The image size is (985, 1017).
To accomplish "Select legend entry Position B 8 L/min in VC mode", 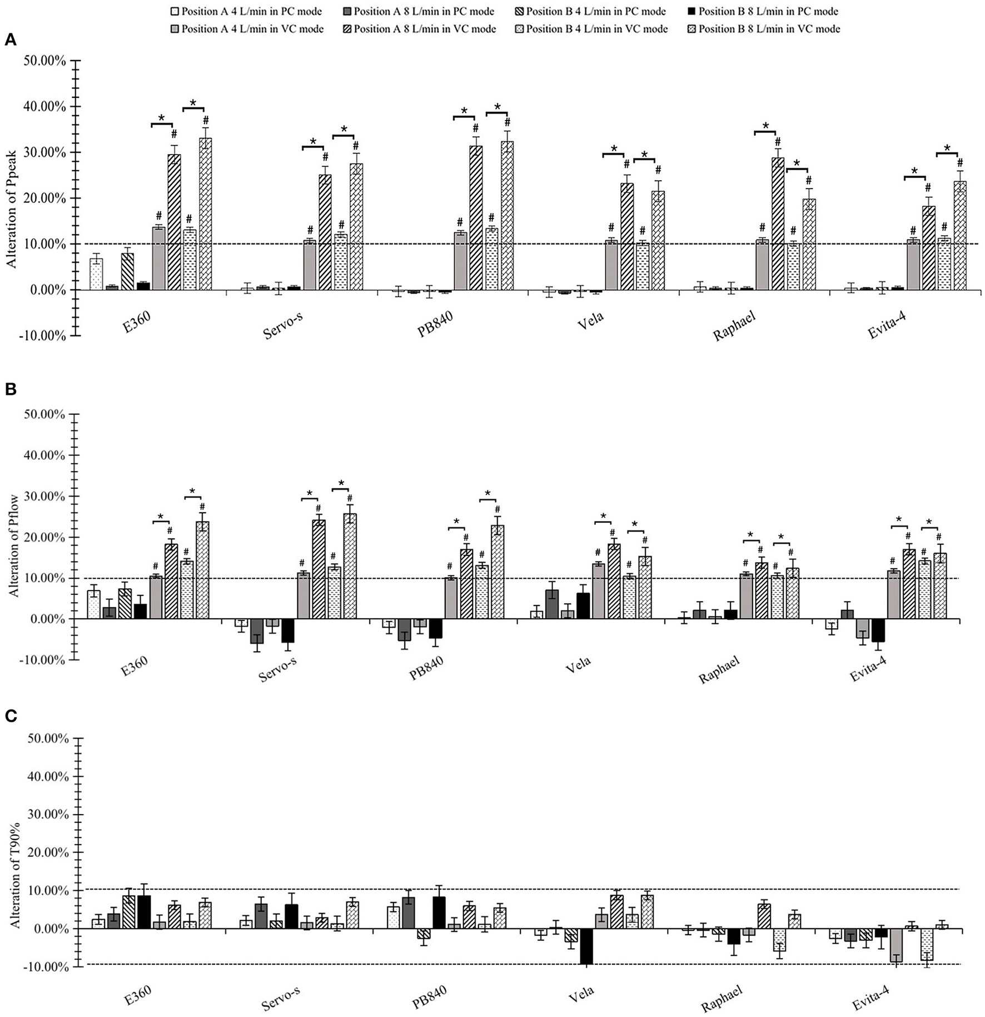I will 764,29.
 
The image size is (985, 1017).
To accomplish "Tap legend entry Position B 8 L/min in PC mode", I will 764,12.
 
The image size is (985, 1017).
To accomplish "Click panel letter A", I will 9,39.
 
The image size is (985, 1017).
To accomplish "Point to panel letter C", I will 9,717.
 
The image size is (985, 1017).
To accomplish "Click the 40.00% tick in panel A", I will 45,106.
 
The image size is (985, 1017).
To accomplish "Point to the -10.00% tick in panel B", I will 44,660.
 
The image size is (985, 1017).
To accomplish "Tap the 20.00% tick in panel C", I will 45,852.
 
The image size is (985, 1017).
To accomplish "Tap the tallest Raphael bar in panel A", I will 778,224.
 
